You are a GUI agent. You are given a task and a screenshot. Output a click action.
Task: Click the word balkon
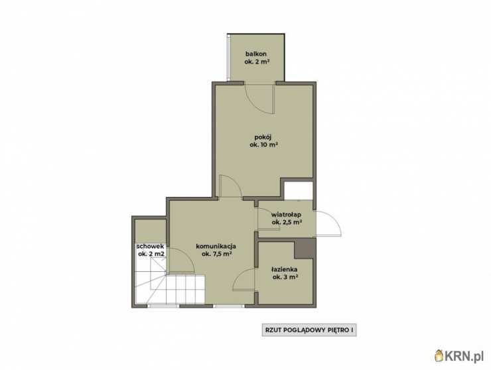(x=256, y=54)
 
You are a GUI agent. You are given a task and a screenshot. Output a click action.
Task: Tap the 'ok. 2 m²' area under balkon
(x=257, y=62)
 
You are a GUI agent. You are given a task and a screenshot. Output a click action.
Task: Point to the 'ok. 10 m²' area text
(x=264, y=145)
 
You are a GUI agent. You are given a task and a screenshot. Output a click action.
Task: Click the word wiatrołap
(x=286, y=215)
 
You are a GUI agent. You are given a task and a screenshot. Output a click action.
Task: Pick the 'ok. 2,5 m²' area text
(x=287, y=222)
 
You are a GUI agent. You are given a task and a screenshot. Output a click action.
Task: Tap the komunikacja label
(x=216, y=247)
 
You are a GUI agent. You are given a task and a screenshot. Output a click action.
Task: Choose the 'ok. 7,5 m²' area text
(x=217, y=254)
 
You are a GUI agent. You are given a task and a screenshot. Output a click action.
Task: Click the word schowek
(x=150, y=247)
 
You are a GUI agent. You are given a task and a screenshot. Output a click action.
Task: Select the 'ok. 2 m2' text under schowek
(x=151, y=254)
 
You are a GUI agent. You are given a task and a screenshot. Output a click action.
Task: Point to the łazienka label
(x=285, y=269)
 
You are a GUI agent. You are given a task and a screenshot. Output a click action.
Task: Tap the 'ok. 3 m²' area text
(x=285, y=277)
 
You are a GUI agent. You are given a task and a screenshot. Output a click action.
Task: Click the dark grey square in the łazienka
(x=304, y=249)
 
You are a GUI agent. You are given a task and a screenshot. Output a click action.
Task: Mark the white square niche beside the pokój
(x=298, y=190)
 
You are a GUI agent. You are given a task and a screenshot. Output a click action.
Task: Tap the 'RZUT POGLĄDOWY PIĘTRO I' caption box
(x=309, y=330)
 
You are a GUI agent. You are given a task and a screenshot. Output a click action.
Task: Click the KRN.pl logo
(x=459, y=355)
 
